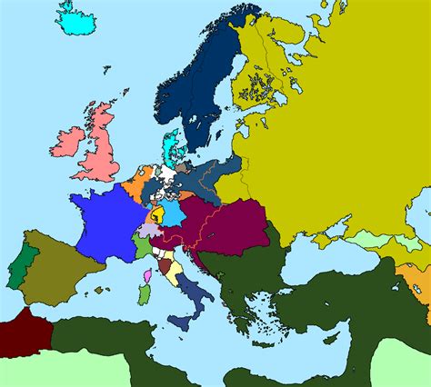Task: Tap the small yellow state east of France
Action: coord(156,215)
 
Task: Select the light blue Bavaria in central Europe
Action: coord(170,212)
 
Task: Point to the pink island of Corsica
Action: coord(146,273)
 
